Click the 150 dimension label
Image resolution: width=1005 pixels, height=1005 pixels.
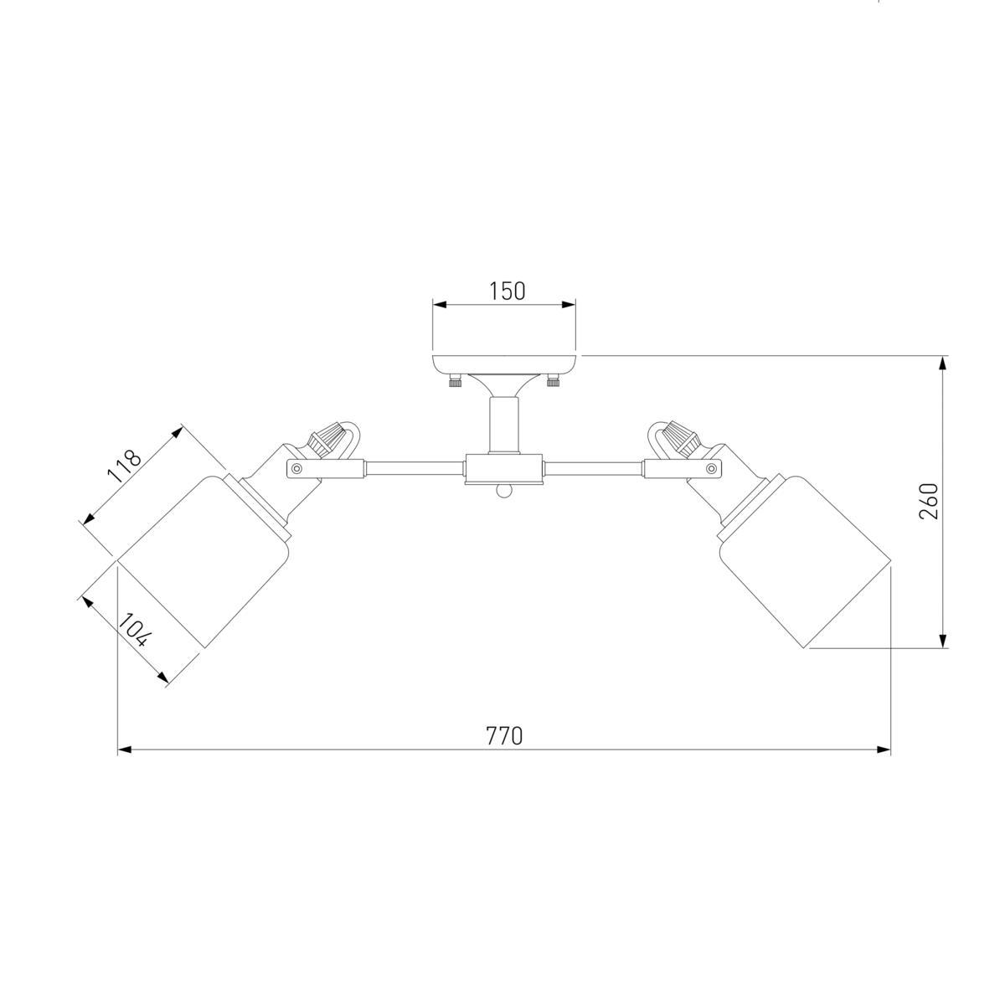click(507, 291)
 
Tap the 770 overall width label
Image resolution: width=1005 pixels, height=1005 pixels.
click(504, 736)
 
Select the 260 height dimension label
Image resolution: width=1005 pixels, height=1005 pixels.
click(928, 501)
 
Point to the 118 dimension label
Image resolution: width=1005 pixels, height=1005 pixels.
click(125, 465)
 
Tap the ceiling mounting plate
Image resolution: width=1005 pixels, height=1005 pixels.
click(504, 364)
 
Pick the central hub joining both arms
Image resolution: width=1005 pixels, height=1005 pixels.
click(504, 469)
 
